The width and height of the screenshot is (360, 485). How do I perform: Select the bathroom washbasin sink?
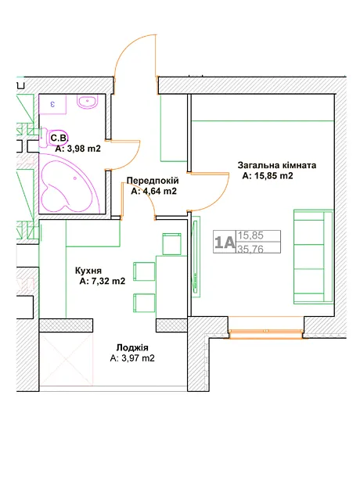(88, 102)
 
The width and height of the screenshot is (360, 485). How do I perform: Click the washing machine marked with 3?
(52, 105)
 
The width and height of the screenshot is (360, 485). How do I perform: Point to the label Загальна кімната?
(277, 165)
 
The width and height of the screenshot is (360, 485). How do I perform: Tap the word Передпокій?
(153, 181)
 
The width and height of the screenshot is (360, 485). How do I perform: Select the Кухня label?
(88, 271)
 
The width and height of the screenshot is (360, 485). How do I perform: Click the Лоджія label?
(132, 347)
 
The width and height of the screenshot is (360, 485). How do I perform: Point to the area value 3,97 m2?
(132, 358)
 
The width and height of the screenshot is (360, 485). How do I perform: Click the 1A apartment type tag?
(225, 242)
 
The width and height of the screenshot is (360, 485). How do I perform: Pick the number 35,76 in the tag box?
(250, 249)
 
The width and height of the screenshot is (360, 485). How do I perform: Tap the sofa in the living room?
(313, 257)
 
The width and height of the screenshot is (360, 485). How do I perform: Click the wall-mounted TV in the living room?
(196, 257)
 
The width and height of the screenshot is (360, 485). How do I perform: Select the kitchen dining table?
(171, 287)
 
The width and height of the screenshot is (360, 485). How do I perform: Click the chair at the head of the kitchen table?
(172, 244)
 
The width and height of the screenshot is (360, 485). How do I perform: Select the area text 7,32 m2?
(103, 281)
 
